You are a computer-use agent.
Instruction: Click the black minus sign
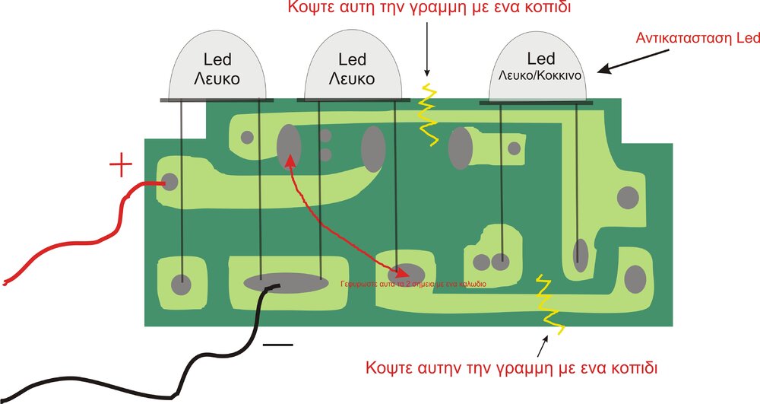point(277,345)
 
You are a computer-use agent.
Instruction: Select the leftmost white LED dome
point(217,70)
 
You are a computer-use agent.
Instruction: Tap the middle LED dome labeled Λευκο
point(351,70)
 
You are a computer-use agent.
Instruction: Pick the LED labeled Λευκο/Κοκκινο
point(540,70)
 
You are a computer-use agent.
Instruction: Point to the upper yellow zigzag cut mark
point(428,114)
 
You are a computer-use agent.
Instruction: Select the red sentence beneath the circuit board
point(511,367)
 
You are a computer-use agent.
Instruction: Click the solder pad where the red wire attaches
point(169,182)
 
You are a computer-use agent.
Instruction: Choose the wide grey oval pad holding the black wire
point(282,282)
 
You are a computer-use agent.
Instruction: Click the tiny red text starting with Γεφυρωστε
point(413,284)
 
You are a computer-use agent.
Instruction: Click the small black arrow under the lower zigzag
point(543,345)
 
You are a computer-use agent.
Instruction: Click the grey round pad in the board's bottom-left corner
point(181,285)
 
